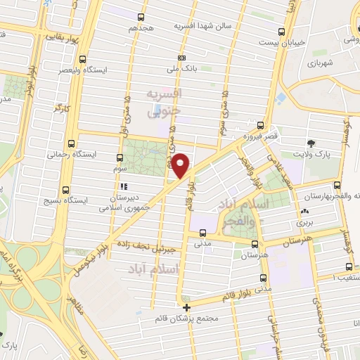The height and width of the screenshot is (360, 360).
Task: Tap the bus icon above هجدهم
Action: pyautogui.click(x=141, y=17)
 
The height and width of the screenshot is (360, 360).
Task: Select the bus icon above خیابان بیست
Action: pyautogui.click(x=281, y=32)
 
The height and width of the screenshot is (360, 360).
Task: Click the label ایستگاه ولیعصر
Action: pyautogui.click(x=105, y=70)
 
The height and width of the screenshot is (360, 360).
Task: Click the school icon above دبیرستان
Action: pyautogui.click(x=124, y=186)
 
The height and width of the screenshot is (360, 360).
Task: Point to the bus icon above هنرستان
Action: pyautogui.click(x=255, y=243)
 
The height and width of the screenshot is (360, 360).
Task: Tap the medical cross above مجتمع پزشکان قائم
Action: pyautogui.click(x=186, y=307)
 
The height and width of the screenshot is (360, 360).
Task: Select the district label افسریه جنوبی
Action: pyautogui.click(x=164, y=102)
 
